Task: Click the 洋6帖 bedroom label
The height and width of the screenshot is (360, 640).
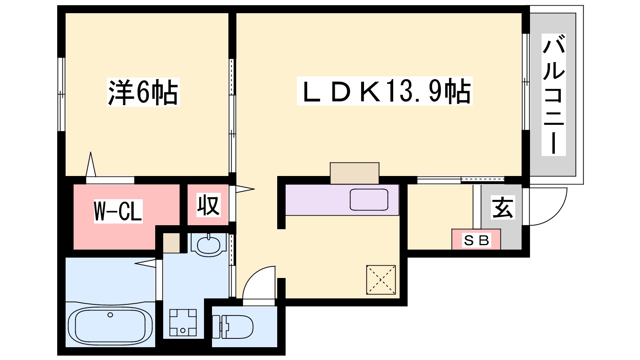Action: click(x=143, y=92)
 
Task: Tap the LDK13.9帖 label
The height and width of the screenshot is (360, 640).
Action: click(x=384, y=91)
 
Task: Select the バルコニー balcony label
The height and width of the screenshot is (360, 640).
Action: click(x=554, y=94)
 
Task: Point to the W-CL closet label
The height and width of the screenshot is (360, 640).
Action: click(x=118, y=212)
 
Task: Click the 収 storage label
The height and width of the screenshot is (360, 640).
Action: click(x=208, y=204)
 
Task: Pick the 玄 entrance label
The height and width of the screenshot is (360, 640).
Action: click(x=502, y=208)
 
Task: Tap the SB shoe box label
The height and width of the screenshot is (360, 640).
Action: click(x=476, y=240)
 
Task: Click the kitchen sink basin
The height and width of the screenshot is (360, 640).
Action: click(x=369, y=200)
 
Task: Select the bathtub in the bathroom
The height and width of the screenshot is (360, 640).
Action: click(x=110, y=325)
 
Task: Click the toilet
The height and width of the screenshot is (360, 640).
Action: click(x=232, y=326)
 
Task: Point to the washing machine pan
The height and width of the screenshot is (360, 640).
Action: click(x=183, y=322)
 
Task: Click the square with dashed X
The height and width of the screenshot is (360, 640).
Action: click(x=381, y=280)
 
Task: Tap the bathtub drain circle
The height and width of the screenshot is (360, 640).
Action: click(x=110, y=315)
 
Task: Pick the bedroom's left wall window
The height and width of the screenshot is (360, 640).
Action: click(x=62, y=94)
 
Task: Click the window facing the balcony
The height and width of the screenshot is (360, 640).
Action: click(x=526, y=82)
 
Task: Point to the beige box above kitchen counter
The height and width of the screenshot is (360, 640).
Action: click(x=354, y=174)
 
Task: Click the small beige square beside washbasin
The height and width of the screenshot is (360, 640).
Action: click(x=172, y=243)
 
